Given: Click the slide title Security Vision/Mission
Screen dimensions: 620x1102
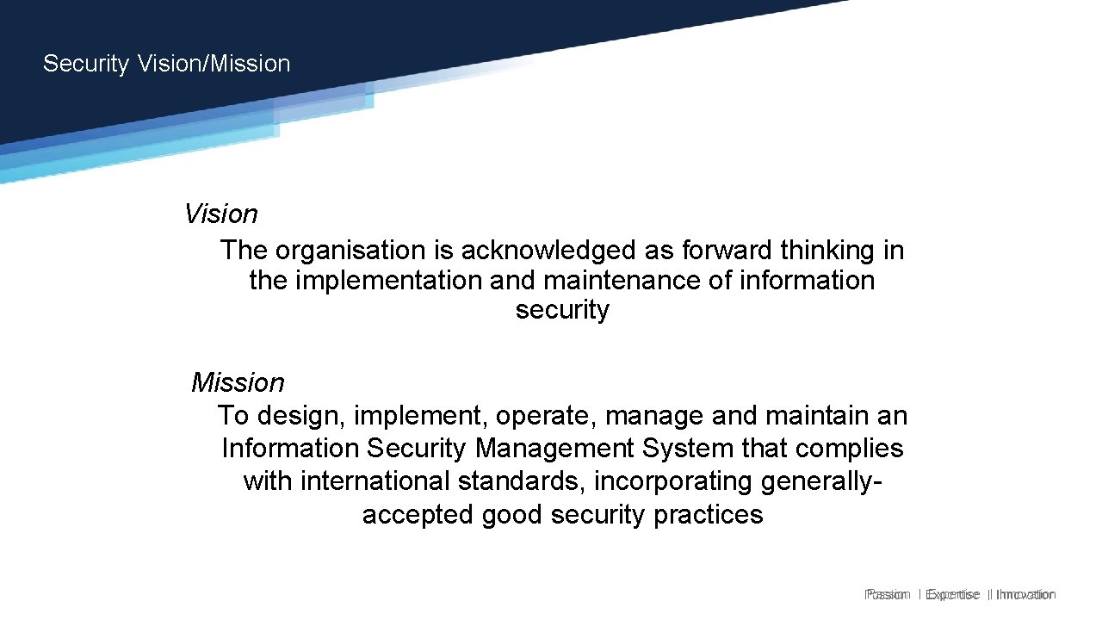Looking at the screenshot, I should click(x=166, y=64).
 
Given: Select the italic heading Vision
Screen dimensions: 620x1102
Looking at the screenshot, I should click(x=221, y=214).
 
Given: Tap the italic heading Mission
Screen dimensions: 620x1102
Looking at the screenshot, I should click(x=238, y=382).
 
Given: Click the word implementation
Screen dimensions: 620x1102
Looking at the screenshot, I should click(x=389, y=281).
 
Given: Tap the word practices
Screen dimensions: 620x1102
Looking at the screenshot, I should click(x=709, y=515).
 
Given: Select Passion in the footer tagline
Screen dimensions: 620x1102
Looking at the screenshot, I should click(x=887, y=594).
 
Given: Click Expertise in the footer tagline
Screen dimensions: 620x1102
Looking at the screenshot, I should click(x=952, y=594).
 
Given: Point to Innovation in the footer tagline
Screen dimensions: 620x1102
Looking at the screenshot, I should click(x=1025, y=594).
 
